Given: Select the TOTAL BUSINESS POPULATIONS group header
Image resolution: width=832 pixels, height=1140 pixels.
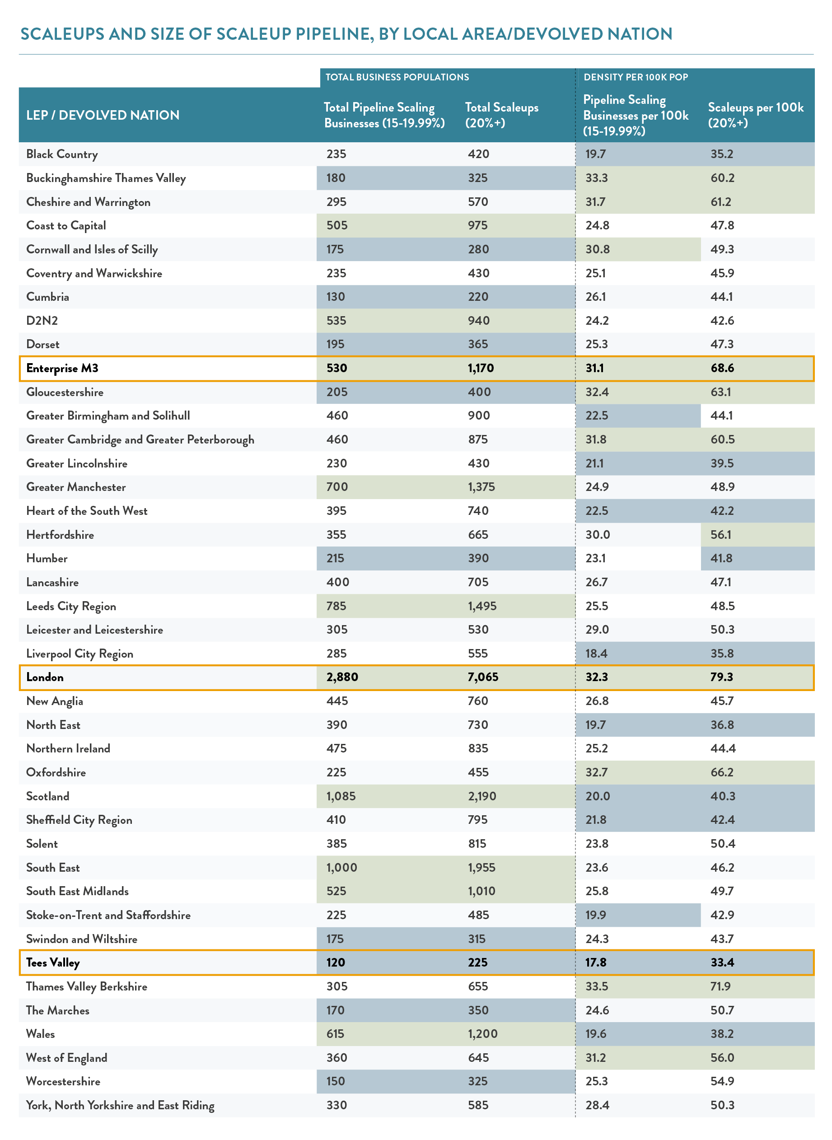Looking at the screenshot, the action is click(397, 77).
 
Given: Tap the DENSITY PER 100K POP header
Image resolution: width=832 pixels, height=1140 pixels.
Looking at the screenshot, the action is click(636, 77).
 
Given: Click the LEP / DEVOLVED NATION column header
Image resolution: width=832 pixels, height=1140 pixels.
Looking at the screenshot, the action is click(103, 115).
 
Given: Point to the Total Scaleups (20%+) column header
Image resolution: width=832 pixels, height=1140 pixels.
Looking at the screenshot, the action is click(502, 115).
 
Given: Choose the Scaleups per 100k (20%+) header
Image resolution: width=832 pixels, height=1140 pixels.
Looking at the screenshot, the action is click(756, 115).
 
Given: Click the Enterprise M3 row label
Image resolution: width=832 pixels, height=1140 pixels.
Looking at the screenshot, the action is click(62, 369).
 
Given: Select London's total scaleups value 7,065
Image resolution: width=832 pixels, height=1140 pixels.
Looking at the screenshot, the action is click(482, 677).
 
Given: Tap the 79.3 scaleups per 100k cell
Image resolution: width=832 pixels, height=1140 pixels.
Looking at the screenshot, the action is click(722, 677).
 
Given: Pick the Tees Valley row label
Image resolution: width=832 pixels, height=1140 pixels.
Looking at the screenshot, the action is click(53, 963).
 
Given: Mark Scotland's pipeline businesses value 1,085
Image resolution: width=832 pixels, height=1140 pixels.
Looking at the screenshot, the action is click(341, 797).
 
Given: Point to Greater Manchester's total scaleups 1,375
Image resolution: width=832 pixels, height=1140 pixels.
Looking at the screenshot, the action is click(481, 487).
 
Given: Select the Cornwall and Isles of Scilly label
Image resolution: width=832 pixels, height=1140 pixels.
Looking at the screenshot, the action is click(92, 250).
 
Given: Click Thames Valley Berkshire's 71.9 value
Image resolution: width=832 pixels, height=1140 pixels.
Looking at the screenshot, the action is click(720, 986).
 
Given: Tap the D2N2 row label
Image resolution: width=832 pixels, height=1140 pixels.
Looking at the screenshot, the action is click(42, 321).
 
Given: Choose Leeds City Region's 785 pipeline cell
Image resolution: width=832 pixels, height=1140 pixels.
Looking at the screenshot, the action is click(336, 606).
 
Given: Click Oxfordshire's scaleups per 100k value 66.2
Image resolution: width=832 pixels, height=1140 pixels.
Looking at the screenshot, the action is click(722, 772).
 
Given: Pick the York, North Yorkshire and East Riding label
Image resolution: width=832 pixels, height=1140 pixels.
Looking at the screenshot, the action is click(120, 1106).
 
